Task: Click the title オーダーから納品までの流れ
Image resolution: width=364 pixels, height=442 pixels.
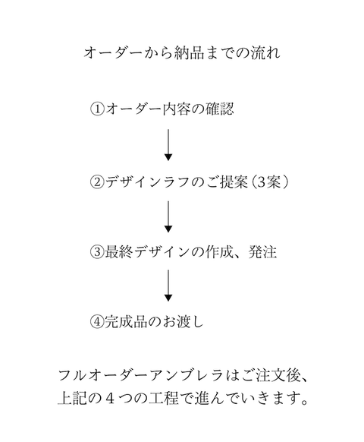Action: [181, 53]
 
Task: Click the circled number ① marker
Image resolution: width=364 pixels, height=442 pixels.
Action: [96, 109]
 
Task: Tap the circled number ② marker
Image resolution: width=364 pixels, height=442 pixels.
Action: [96, 182]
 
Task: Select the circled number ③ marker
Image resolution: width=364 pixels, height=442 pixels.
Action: [96, 252]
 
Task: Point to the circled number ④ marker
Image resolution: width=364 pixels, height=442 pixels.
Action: [96, 320]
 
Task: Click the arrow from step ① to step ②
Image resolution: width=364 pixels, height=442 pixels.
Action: [168, 145]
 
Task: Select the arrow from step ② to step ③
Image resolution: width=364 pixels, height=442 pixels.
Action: [168, 217]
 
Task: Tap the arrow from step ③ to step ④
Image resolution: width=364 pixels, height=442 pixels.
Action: [168, 286]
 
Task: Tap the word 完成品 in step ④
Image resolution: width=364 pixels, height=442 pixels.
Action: [125, 320]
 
